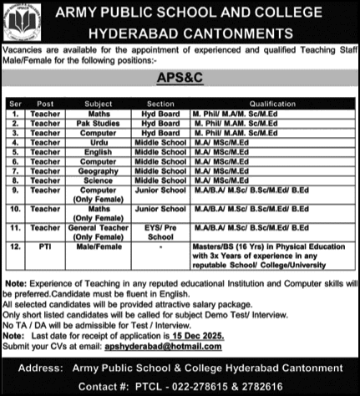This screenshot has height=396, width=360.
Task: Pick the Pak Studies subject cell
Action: point(99,123)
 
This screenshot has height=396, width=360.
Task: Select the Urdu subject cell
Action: point(99,142)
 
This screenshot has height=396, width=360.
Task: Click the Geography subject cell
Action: point(99,170)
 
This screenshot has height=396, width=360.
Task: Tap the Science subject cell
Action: point(99,180)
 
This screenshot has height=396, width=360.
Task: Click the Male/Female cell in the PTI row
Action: point(99,246)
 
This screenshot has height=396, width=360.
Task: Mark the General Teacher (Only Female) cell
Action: point(99,231)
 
